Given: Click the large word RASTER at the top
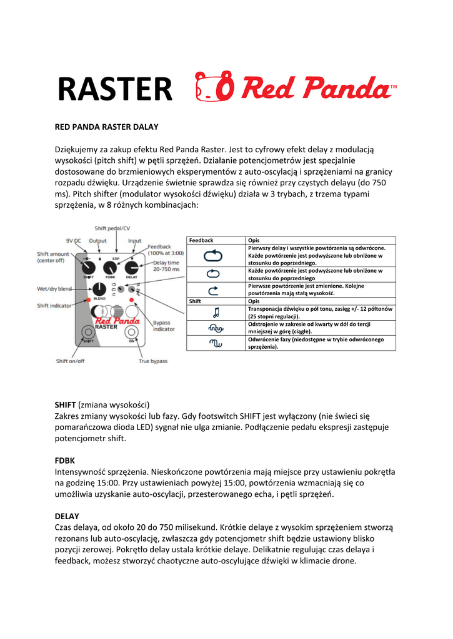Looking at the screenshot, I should (115, 89).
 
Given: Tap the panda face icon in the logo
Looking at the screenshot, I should (214, 90).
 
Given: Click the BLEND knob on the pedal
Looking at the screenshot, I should (99, 289).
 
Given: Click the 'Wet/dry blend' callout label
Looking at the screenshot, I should (54, 289).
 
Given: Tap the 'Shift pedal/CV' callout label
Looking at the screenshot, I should (112, 228).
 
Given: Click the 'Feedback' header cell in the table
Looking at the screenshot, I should (201, 240).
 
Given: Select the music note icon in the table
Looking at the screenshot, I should (214, 312).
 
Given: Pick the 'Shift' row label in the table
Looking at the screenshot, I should (195, 301).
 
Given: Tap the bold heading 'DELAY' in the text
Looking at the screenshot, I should (67, 516).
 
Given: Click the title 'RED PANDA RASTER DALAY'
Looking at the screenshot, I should (107, 127).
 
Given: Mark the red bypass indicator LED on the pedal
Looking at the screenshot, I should (132, 300).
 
